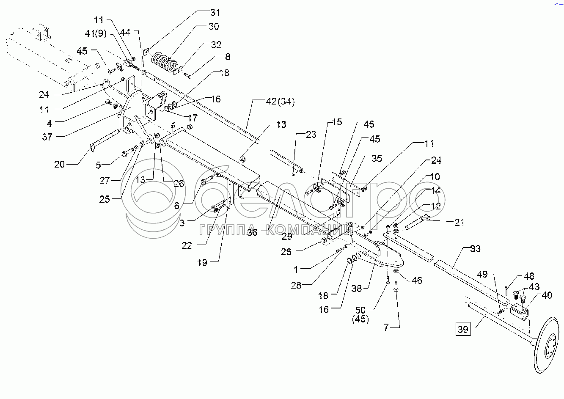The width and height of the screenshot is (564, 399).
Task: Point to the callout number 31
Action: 215,12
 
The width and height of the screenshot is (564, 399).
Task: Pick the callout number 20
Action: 60,164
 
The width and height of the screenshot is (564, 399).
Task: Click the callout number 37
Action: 47,137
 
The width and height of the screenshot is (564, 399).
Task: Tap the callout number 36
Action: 252,233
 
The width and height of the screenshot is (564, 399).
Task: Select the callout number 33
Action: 475,249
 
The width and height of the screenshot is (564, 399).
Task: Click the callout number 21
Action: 459,223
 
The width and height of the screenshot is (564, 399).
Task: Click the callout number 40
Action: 546,295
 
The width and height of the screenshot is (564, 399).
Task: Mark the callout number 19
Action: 202,263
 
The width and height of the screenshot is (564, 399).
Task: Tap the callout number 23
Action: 311,135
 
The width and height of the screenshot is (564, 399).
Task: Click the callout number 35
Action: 376,158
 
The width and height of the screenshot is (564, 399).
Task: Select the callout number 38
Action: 357,288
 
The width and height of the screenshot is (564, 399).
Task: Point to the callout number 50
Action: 360,310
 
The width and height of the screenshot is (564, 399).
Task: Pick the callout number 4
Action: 49,124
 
